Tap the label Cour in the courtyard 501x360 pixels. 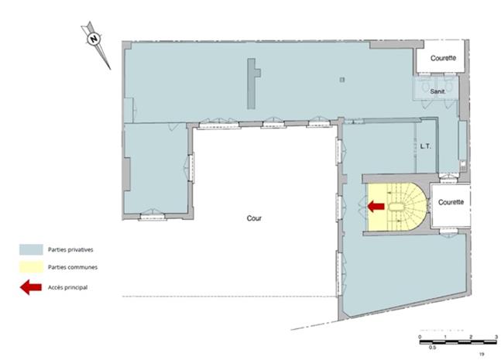(x=255, y=219)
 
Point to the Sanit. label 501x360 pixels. (x=438, y=91)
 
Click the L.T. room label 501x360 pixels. (x=425, y=145)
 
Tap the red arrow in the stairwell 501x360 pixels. (x=376, y=207)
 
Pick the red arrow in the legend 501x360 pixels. (x=30, y=287)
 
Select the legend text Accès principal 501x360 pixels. (x=67, y=287)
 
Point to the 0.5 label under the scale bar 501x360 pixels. (x=433, y=348)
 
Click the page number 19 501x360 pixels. (x=481, y=354)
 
